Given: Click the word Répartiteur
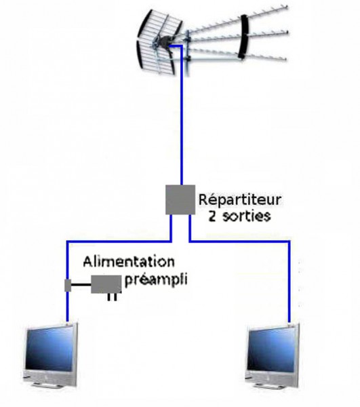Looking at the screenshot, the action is (x=239, y=200).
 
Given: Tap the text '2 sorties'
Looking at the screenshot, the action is (x=239, y=216).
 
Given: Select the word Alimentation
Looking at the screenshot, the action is (x=129, y=262).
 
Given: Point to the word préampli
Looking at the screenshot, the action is (x=156, y=280).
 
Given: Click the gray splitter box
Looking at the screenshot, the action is (x=180, y=199).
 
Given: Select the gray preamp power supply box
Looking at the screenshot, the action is (x=106, y=284).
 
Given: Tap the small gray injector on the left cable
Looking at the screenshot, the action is (x=68, y=286).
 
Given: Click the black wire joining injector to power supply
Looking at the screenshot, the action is (x=81, y=285).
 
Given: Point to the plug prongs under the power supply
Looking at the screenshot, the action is (x=112, y=297).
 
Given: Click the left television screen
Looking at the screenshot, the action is (x=49, y=349).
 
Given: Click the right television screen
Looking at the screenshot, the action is (x=272, y=349).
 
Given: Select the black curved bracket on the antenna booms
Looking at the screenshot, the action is (x=244, y=37).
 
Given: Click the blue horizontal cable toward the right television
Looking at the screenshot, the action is (x=239, y=241).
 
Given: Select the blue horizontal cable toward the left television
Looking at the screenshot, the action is (x=119, y=242).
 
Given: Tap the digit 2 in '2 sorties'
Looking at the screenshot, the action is (x=212, y=216).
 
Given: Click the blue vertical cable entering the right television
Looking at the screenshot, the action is (x=289, y=282).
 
